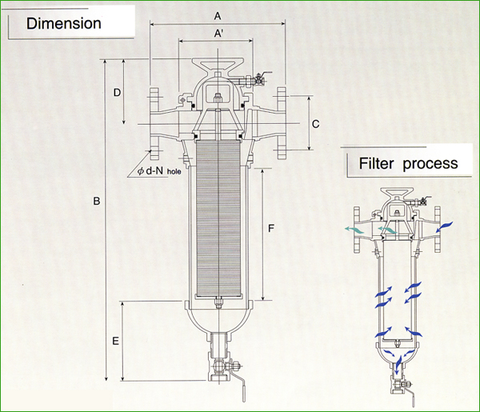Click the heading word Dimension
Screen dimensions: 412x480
[64, 22]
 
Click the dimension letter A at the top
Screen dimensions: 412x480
[218, 16]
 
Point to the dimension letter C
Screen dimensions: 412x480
[316, 124]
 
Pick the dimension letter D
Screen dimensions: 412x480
[118, 93]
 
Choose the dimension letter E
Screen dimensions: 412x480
[116, 342]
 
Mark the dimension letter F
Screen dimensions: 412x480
[271, 230]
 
